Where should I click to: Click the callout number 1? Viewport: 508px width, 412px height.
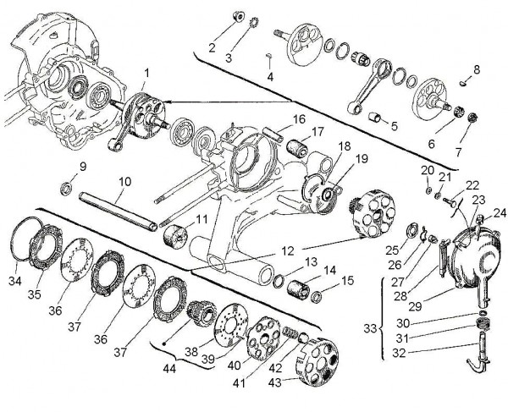click(147, 74)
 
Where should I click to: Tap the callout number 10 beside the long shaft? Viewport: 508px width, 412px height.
click(124, 181)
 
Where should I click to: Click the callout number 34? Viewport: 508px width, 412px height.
click(14, 280)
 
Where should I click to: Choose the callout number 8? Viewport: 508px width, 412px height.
click(477, 68)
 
